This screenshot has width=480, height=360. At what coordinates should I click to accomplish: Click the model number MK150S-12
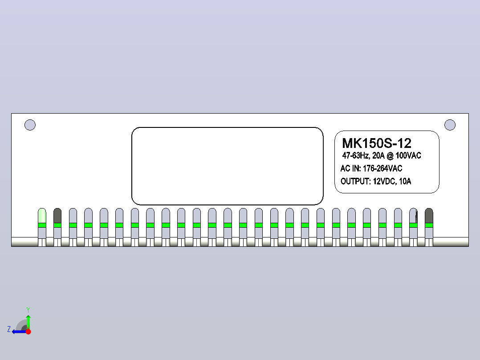coord(377,143)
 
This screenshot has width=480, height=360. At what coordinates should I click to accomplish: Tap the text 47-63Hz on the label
coord(356,155)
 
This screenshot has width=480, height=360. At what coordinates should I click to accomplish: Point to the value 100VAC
coord(408,155)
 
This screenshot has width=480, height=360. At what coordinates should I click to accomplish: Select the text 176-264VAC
coord(382,168)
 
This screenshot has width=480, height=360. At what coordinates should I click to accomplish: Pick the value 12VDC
coord(384,181)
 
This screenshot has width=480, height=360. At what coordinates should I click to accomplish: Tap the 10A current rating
coord(405,181)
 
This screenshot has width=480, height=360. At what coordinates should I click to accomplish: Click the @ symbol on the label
coord(390,156)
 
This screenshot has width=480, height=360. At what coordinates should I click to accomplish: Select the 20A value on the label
coord(378,155)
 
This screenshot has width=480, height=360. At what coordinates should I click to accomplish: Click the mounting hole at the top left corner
coord(30,125)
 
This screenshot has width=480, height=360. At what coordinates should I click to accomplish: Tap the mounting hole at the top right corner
coord(450,125)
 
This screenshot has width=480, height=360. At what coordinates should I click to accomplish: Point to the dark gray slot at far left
coord(57,216)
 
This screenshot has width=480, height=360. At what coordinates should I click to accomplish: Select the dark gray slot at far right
coord(429,216)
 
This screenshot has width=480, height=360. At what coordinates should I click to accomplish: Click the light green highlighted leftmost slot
coord(42,216)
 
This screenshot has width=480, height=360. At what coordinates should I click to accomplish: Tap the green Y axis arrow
coord(28,322)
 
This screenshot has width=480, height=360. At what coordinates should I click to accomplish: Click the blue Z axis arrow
coord(20,331)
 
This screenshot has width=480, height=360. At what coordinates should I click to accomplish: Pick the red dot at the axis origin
coord(28,331)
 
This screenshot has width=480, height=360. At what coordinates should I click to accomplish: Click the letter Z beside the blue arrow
coord(9,329)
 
